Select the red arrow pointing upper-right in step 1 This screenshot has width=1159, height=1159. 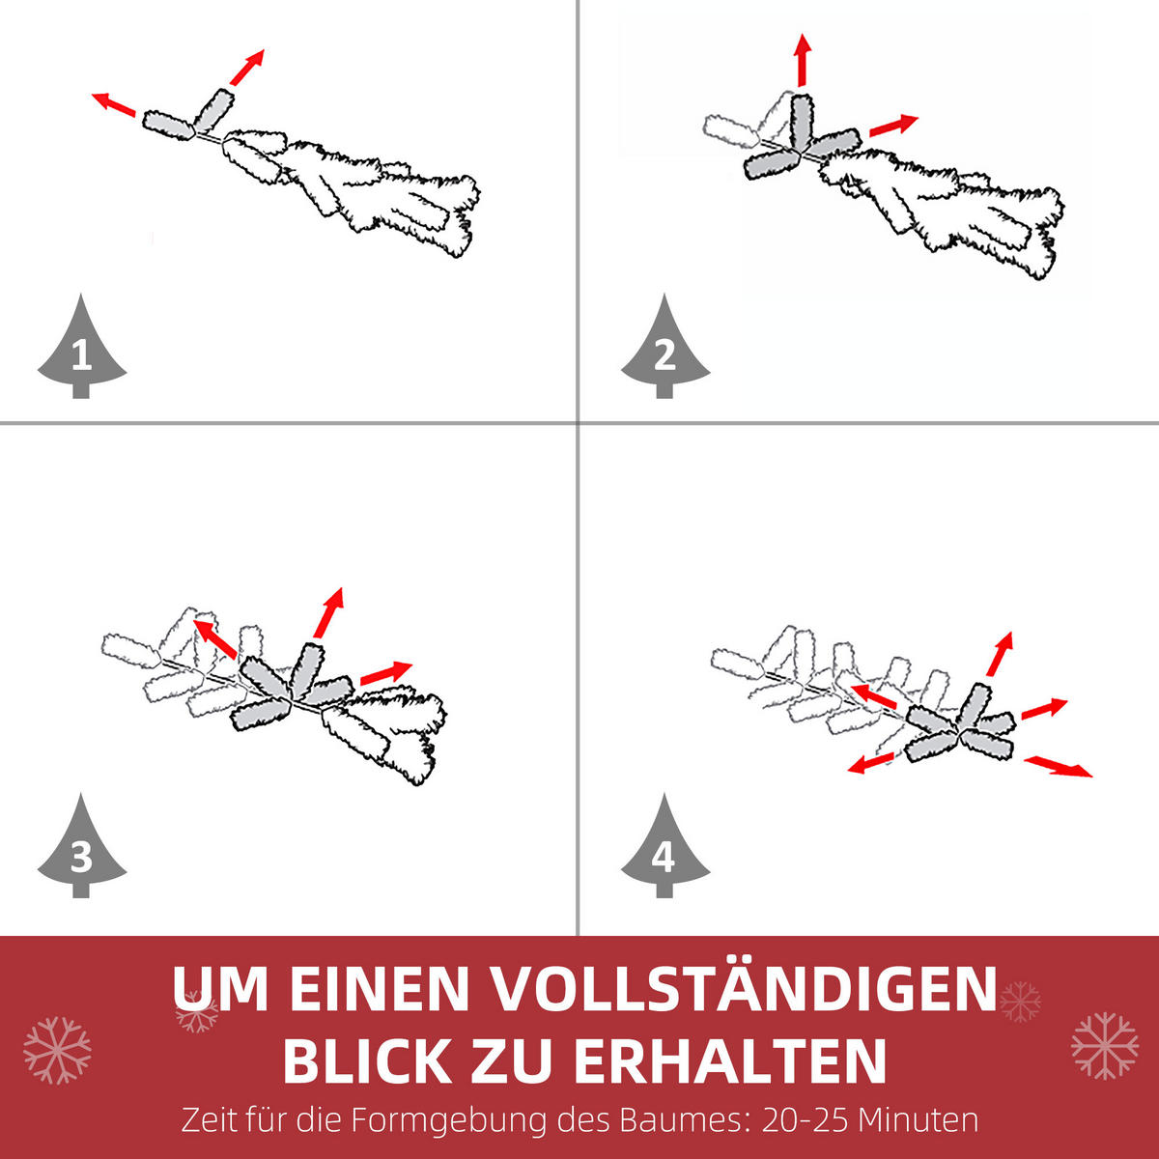[247, 68]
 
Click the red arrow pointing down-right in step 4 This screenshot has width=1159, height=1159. [1059, 767]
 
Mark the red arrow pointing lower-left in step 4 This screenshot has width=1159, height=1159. [870, 763]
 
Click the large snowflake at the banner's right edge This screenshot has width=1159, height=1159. [1104, 1045]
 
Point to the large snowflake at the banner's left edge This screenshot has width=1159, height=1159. [57, 1049]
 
